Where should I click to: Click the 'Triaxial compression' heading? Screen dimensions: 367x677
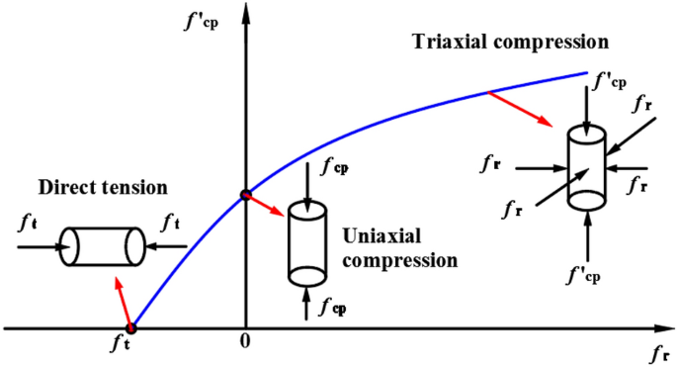(x=507, y=44)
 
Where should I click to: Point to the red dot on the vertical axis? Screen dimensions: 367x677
(x=246, y=194)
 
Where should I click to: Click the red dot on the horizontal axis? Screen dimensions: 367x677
(x=131, y=327)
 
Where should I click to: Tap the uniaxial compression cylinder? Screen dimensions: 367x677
(x=306, y=244)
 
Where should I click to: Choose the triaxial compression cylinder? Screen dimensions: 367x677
(x=586, y=170)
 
